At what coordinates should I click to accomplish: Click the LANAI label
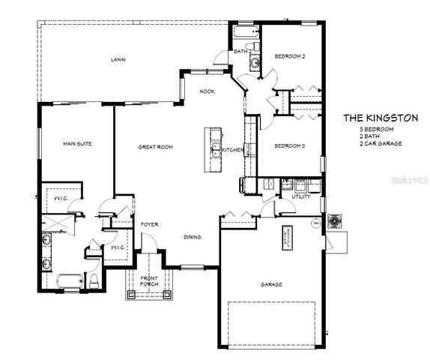(x=118, y=58)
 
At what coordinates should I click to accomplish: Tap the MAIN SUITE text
(x=77, y=144)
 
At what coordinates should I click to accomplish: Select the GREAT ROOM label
(x=155, y=147)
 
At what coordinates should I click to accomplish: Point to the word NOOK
(x=208, y=91)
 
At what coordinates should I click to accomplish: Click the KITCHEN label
(x=233, y=150)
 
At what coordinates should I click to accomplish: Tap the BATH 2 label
(x=241, y=52)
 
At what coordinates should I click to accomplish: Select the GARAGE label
(x=271, y=284)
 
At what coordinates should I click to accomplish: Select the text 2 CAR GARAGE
(x=378, y=142)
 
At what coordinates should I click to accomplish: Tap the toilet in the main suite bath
(x=94, y=281)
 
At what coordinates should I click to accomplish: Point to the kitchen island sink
(x=214, y=140)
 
